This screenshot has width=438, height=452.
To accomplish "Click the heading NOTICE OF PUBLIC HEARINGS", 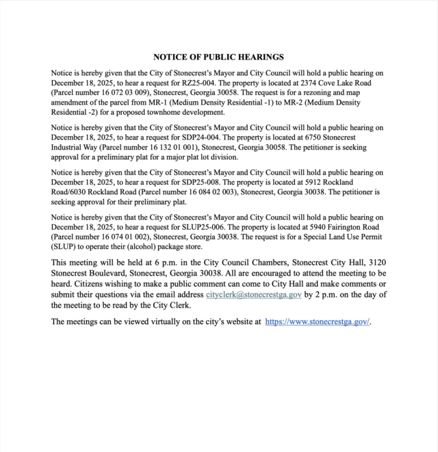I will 218,57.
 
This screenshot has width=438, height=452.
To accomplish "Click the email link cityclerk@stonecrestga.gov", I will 254,295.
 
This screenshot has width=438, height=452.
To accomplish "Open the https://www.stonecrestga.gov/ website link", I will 317,321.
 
